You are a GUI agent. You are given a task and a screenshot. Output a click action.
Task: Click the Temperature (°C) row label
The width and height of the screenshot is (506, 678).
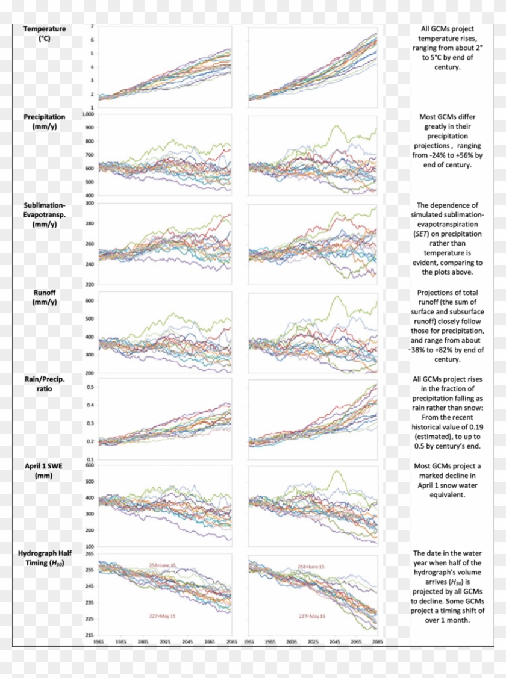[45, 34]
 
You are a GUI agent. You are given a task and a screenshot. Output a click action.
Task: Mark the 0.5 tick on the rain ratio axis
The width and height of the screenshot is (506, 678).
[90, 387]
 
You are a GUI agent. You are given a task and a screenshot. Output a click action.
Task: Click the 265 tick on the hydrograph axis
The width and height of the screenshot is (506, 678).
[89, 553]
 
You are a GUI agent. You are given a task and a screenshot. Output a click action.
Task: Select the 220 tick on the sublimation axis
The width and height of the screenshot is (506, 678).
[89, 284]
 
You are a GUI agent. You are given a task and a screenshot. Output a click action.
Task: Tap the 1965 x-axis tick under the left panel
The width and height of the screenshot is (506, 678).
[99, 642]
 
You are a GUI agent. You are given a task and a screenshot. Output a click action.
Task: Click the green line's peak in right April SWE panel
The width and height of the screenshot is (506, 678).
[335, 471]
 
